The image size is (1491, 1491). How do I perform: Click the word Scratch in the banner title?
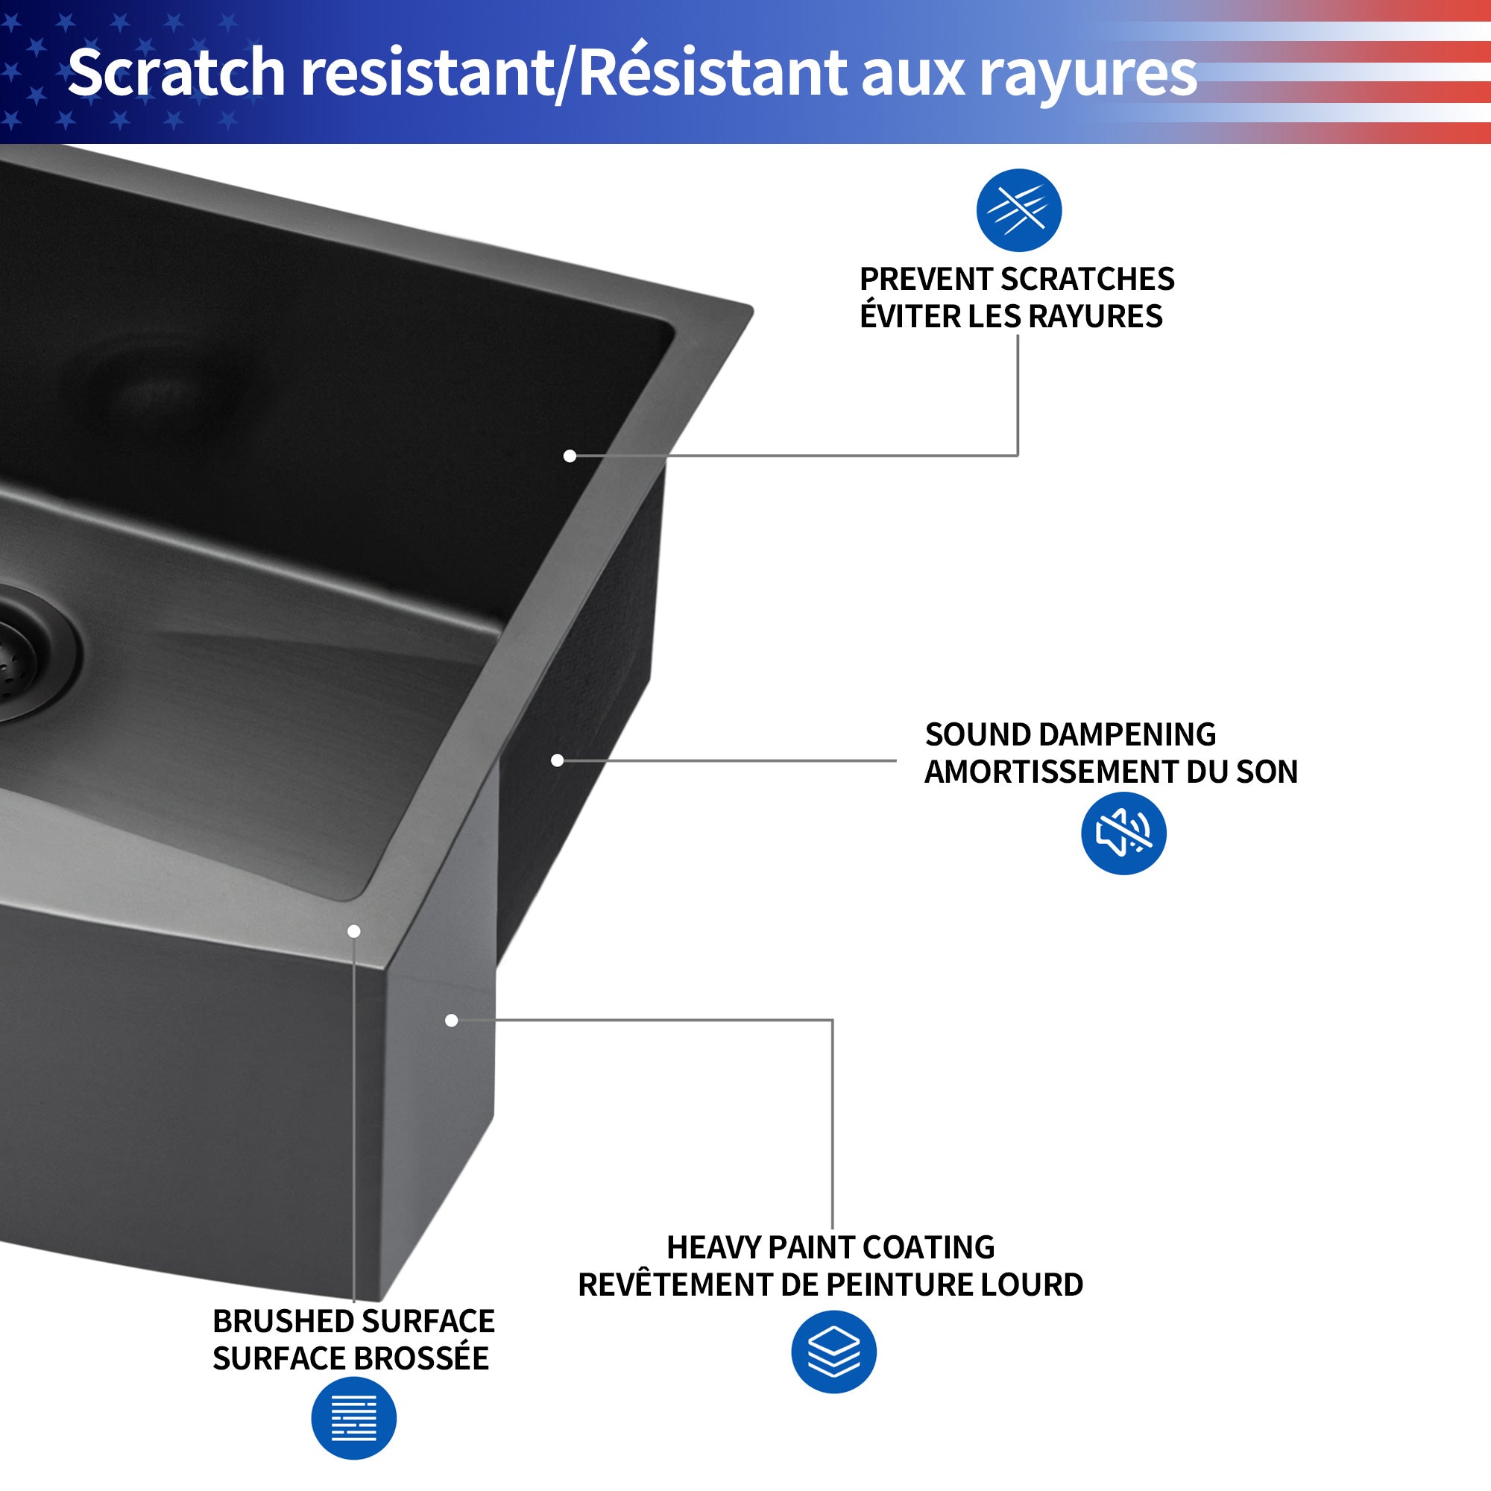coord(176,72)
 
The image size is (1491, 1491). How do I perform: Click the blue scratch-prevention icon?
coord(1018,210)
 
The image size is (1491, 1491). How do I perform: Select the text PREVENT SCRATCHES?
coord(1016,280)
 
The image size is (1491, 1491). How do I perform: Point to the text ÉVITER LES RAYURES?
coord(1011,316)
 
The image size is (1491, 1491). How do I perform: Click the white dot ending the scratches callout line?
coord(570,456)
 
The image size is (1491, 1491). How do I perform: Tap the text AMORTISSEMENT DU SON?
coord(1111,772)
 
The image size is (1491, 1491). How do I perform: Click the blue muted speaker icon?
coord(1123,833)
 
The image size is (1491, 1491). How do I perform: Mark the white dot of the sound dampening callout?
coord(557,760)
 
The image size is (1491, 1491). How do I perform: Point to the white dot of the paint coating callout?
coord(452,1021)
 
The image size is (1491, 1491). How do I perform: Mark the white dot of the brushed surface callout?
coord(353,931)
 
